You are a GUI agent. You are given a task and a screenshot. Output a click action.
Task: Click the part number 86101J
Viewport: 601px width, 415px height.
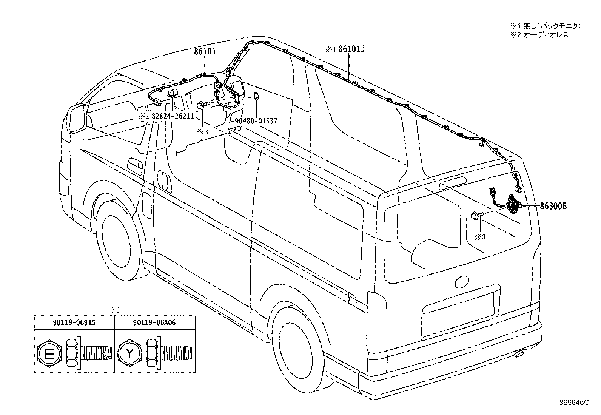[x=351, y=49]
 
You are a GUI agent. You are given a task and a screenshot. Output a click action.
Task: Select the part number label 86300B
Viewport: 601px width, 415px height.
[x=553, y=206]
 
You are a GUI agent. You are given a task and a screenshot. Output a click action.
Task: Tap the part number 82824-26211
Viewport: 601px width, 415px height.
[x=173, y=116]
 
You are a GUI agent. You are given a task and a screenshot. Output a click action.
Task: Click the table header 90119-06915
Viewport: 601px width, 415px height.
[x=74, y=322]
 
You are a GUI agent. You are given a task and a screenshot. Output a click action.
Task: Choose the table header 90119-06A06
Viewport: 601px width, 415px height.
[x=155, y=322]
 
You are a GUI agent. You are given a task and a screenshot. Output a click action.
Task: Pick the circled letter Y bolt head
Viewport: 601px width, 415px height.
[x=129, y=353]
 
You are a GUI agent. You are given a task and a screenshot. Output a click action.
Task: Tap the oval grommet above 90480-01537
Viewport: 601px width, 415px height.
[x=256, y=96]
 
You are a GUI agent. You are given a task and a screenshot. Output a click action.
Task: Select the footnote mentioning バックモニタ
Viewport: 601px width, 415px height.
[x=546, y=26]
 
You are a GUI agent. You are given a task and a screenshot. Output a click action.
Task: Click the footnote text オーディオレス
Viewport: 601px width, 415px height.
[x=539, y=35]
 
